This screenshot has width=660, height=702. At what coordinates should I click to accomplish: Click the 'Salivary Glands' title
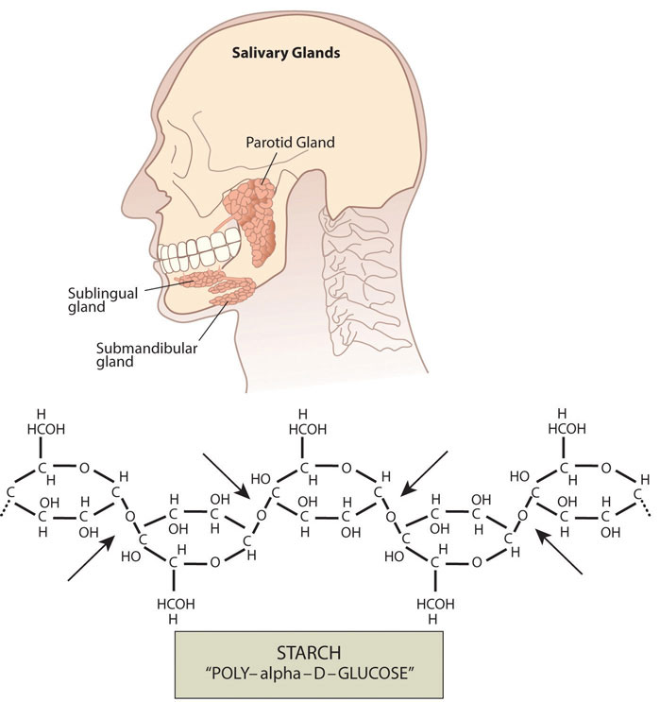(286, 53)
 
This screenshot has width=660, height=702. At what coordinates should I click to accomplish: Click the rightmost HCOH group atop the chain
(564, 429)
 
